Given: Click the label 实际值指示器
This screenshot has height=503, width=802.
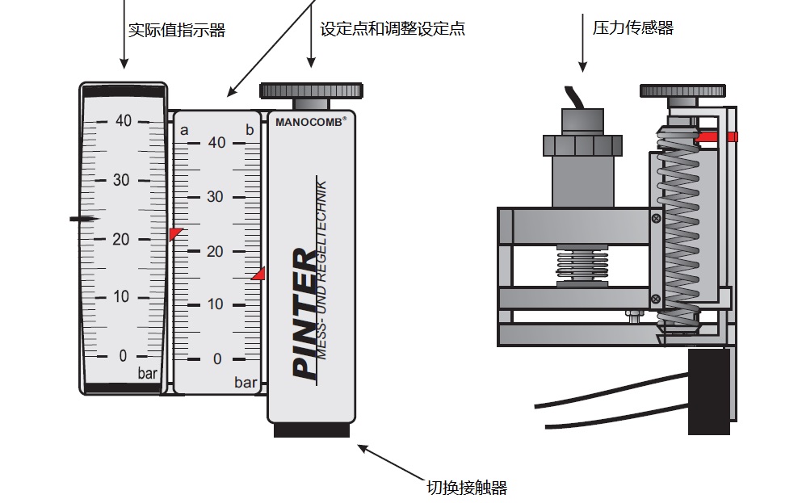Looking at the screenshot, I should [176, 31].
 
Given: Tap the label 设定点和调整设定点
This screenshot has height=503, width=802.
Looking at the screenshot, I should [393, 29].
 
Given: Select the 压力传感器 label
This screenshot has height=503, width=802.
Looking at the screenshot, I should [632, 28].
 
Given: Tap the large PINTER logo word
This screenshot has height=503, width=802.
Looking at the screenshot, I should [305, 314].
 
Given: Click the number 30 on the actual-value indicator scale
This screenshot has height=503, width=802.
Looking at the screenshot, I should [121, 179].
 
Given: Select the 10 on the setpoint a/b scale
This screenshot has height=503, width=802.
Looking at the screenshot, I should [216, 304].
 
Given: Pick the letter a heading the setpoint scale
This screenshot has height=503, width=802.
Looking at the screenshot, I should [184, 130].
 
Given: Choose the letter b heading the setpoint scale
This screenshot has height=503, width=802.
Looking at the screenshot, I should [250, 130].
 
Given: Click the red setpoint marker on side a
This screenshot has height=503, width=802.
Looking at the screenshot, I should [175, 233].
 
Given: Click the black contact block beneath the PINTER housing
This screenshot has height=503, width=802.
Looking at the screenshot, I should [311, 430].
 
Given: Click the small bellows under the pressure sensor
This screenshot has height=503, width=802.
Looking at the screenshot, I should [581, 266].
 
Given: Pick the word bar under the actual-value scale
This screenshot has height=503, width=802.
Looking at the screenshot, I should [148, 374].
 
